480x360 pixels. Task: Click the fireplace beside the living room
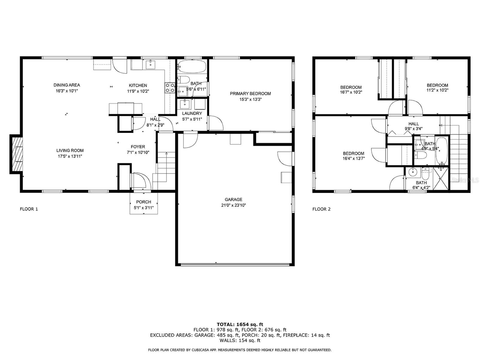point(16,154)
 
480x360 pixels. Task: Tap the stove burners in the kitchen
point(170,88)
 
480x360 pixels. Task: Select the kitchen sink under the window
point(151,64)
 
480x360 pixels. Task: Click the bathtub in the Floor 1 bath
point(192,66)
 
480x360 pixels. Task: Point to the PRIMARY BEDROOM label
point(250,94)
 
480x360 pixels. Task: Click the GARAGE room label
point(233,199)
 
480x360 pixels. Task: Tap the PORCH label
point(143,202)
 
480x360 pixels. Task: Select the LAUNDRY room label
point(192,113)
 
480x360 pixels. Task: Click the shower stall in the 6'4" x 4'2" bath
point(440,178)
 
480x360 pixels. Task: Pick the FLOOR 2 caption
point(321,209)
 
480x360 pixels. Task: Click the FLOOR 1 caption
point(29,209)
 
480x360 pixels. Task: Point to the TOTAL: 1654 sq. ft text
point(240,324)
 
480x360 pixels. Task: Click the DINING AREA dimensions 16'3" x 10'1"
point(67,91)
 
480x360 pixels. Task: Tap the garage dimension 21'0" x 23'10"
point(233,205)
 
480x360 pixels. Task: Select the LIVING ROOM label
point(70,150)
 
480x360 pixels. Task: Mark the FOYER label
point(138,147)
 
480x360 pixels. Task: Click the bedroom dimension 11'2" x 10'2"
point(437,90)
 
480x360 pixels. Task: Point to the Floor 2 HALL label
point(413,124)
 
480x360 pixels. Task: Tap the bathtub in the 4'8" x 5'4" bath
point(442,151)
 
